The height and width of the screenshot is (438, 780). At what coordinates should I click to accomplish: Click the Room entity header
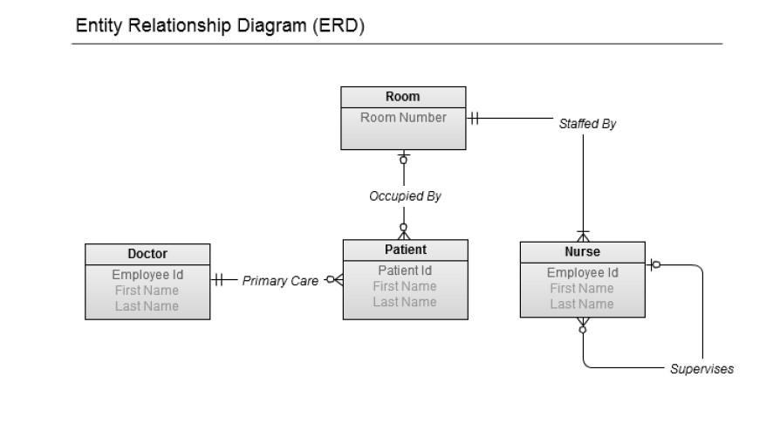tap(402, 97)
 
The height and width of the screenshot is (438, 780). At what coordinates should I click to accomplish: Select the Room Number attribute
tap(403, 118)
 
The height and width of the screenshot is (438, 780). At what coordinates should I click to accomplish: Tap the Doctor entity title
tap(147, 254)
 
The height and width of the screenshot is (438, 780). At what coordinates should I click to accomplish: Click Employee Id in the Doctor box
tap(147, 275)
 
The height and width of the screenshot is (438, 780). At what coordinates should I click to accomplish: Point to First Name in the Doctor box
tap(147, 291)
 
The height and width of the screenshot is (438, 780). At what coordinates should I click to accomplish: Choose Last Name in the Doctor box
tap(147, 306)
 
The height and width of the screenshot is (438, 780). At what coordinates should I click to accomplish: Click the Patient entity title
tap(405, 250)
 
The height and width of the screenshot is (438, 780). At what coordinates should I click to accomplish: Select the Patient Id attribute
tap(405, 270)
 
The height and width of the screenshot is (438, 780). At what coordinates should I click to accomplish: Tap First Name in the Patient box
tap(405, 286)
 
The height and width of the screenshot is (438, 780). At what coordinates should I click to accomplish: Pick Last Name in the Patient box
tap(405, 302)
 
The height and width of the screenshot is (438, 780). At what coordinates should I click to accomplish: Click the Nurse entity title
tap(582, 252)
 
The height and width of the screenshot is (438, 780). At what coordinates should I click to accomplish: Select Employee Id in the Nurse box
tap(582, 272)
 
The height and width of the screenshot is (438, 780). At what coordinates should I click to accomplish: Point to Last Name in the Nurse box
tap(582, 305)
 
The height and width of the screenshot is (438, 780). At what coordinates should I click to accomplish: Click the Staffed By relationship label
tap(587, 124)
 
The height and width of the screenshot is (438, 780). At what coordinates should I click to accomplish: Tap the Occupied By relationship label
tap(405, 196)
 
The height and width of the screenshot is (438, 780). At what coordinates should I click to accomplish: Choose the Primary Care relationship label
tap(280, 281)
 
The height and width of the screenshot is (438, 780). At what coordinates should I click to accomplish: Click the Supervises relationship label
tap(701, 369)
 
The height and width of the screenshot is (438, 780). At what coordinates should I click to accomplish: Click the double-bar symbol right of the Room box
tap(474, 118)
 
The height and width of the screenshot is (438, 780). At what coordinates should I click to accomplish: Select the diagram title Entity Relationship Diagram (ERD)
tap(220, 26)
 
